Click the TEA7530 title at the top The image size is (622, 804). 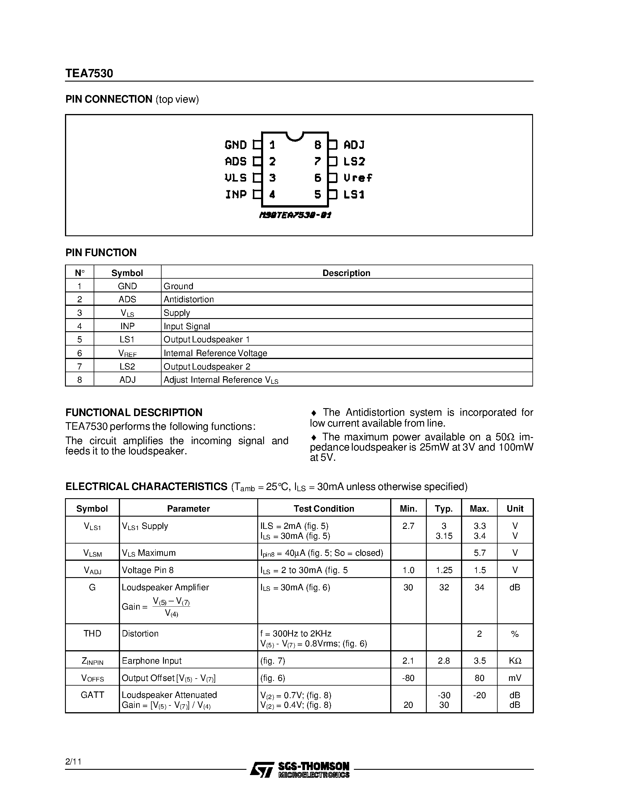(89, 73)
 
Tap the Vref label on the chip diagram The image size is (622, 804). (357, 178)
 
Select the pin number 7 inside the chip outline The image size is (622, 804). (317, 161)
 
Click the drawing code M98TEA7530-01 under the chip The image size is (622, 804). (295, 215)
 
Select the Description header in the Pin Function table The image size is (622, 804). (346, 273)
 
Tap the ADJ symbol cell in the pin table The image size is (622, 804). (128, 379)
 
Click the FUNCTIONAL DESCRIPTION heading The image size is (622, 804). (134, 412)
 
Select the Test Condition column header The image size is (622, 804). (323, 508)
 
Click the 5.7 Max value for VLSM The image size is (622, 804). (479, 553)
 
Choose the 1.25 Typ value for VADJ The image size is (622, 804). (444, 570)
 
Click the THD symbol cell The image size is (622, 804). (92, 633)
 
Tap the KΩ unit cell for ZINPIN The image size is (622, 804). (515, 660)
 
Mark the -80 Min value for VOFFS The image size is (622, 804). (408, 678)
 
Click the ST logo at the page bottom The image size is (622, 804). (262, 770)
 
